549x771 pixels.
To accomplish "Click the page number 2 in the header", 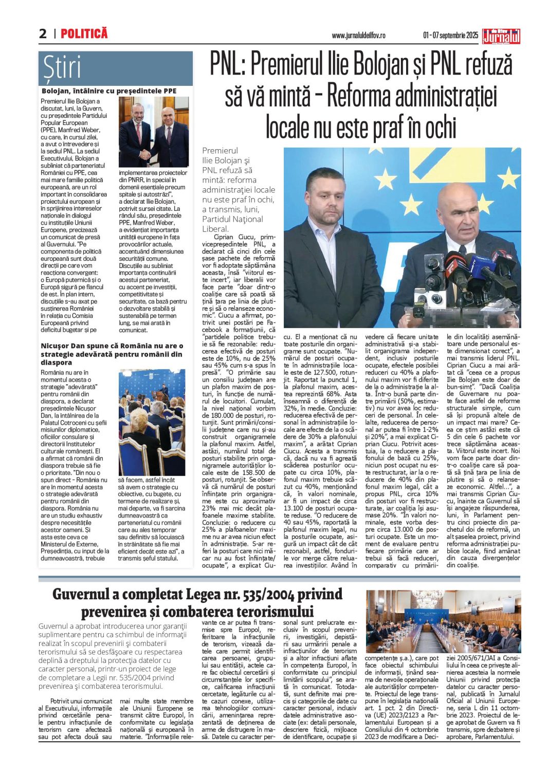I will click(x=43, y=34).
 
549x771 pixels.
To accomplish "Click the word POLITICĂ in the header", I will click(x=84, y=34).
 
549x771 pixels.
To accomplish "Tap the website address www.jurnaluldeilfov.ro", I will click(x=358, y=35).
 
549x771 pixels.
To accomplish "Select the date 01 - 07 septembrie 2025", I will click(x=450, y=35).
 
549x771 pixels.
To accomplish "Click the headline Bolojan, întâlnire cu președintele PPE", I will click(x=109, y=91).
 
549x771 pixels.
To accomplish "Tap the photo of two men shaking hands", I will click(x=153, y=132).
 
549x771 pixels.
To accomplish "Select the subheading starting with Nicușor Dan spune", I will click(x=112, y=354).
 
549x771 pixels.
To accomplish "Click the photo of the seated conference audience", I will click(x=152, y=422).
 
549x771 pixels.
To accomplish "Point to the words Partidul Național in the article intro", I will click(x=232, y=219).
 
